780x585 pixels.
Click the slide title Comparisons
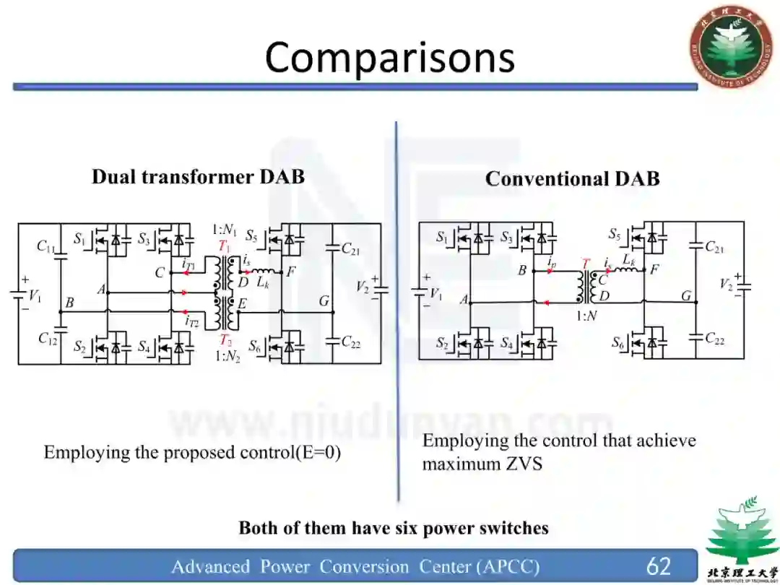(x=389, y=58)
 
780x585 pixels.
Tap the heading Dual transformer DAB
(x=198, y=177)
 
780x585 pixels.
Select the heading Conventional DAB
(x=572, y=179)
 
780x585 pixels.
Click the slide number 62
(x=658, y=565)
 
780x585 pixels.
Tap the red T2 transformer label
(x=225, y=340)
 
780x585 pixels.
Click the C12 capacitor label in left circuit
(x=48, y=338)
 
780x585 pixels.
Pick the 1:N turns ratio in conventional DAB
(x=586, y=315)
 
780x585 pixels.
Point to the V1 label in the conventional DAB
(x=435, y=293)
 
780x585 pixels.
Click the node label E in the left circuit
(x=242, y=305)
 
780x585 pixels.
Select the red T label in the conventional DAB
(x=586, y=264)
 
